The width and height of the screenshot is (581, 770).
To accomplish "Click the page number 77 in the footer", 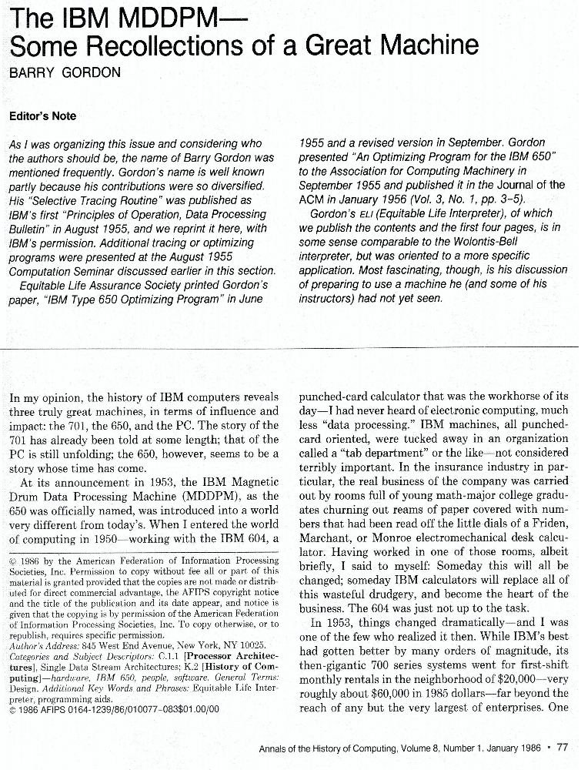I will point(562,746).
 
